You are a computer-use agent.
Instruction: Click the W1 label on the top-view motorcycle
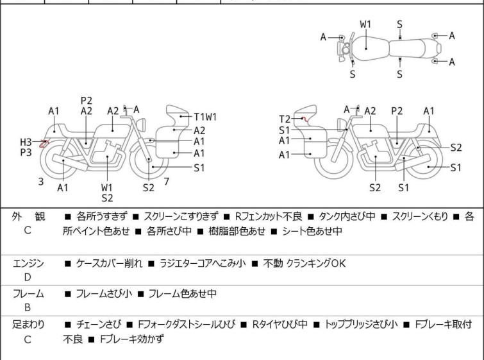tap(365, 24)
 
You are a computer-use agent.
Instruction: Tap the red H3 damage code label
tap(26, 142)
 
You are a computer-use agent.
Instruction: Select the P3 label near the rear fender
tap(26, 152)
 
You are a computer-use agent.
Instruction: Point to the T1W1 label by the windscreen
tap(206, 117)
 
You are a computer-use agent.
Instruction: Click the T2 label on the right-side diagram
tap(285, 119)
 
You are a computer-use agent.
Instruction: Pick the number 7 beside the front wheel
tap(166, 182)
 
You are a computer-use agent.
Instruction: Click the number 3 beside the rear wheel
tap(41, 182)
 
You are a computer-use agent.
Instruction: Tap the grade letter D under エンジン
tap(28, 277)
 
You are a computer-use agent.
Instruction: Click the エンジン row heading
tap(28, 263)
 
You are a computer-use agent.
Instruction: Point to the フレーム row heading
tap(28, 294)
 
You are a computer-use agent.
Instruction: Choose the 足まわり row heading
tap(28, 325)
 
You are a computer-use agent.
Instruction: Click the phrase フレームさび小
tap(104, 294)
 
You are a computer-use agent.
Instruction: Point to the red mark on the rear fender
tap(43, 144)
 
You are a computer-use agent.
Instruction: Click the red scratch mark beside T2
tap(305, 119)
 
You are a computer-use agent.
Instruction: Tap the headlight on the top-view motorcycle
tap(346, 49)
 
